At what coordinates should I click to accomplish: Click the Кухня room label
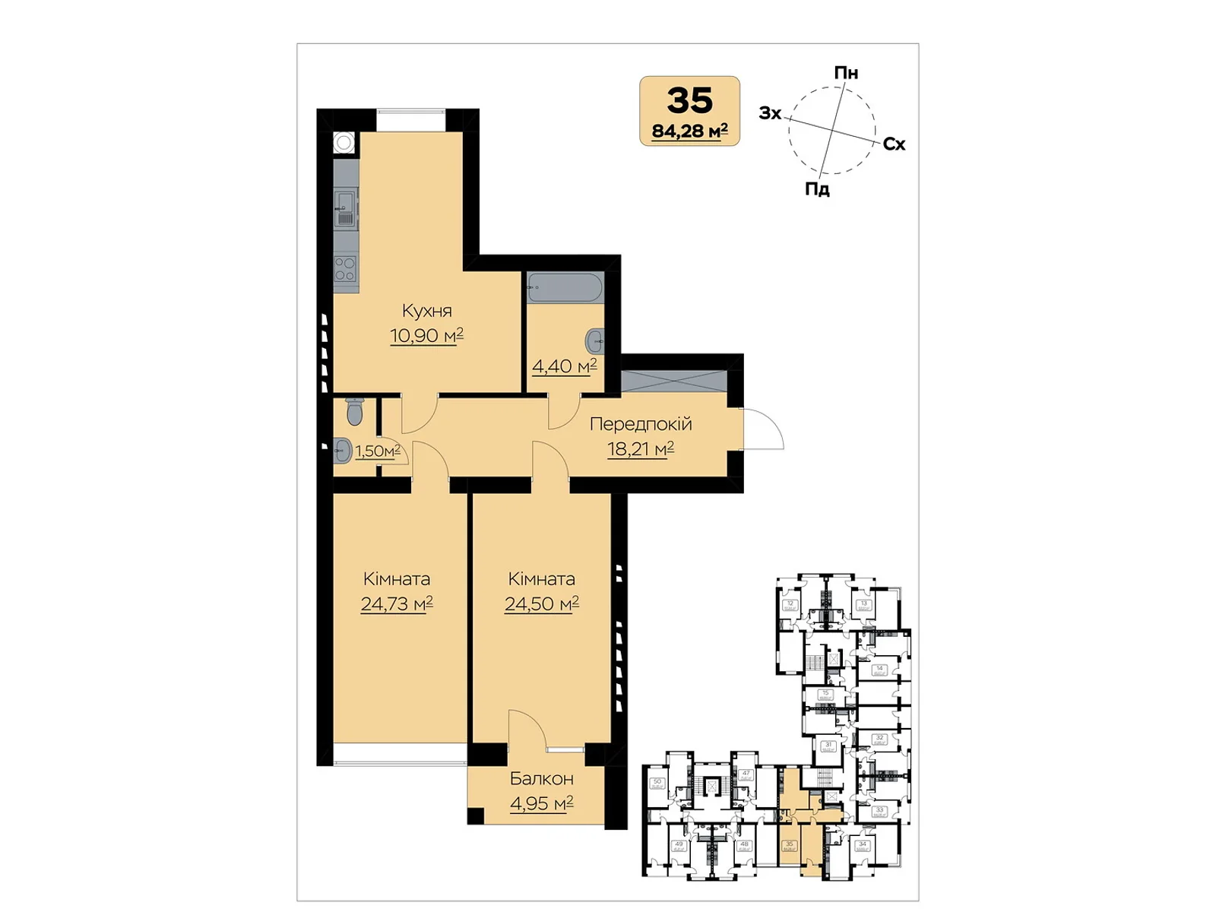[x=426, y=311]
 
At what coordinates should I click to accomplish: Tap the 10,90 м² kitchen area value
[x=426, y=335]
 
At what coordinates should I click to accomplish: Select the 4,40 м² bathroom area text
[x=564, y=367]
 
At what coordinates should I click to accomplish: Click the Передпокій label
[x=641, y=424]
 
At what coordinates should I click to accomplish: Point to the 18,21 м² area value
[x=641, y=449]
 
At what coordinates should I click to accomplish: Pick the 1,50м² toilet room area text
[x=378, y=451]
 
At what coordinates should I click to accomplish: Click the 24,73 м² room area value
[x=397, y=604]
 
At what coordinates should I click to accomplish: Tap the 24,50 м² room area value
[x=541, y=604]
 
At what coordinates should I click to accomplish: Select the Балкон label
[x=541, y=779]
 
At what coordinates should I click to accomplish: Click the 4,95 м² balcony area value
[x=541, y=803]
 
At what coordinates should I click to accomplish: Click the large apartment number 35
[x=689, y=100]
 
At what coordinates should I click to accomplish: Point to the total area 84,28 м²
[x=689, y=131]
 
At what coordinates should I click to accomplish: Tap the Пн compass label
[x=846, y=73]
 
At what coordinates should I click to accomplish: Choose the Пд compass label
[x=817, y=189]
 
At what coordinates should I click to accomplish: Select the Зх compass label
[x=770, y=113]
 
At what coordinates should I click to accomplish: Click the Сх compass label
[x=895, y=144]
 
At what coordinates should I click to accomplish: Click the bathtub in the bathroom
[x=565, y=288]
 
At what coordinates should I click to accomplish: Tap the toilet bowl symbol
[x=354, y=411]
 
